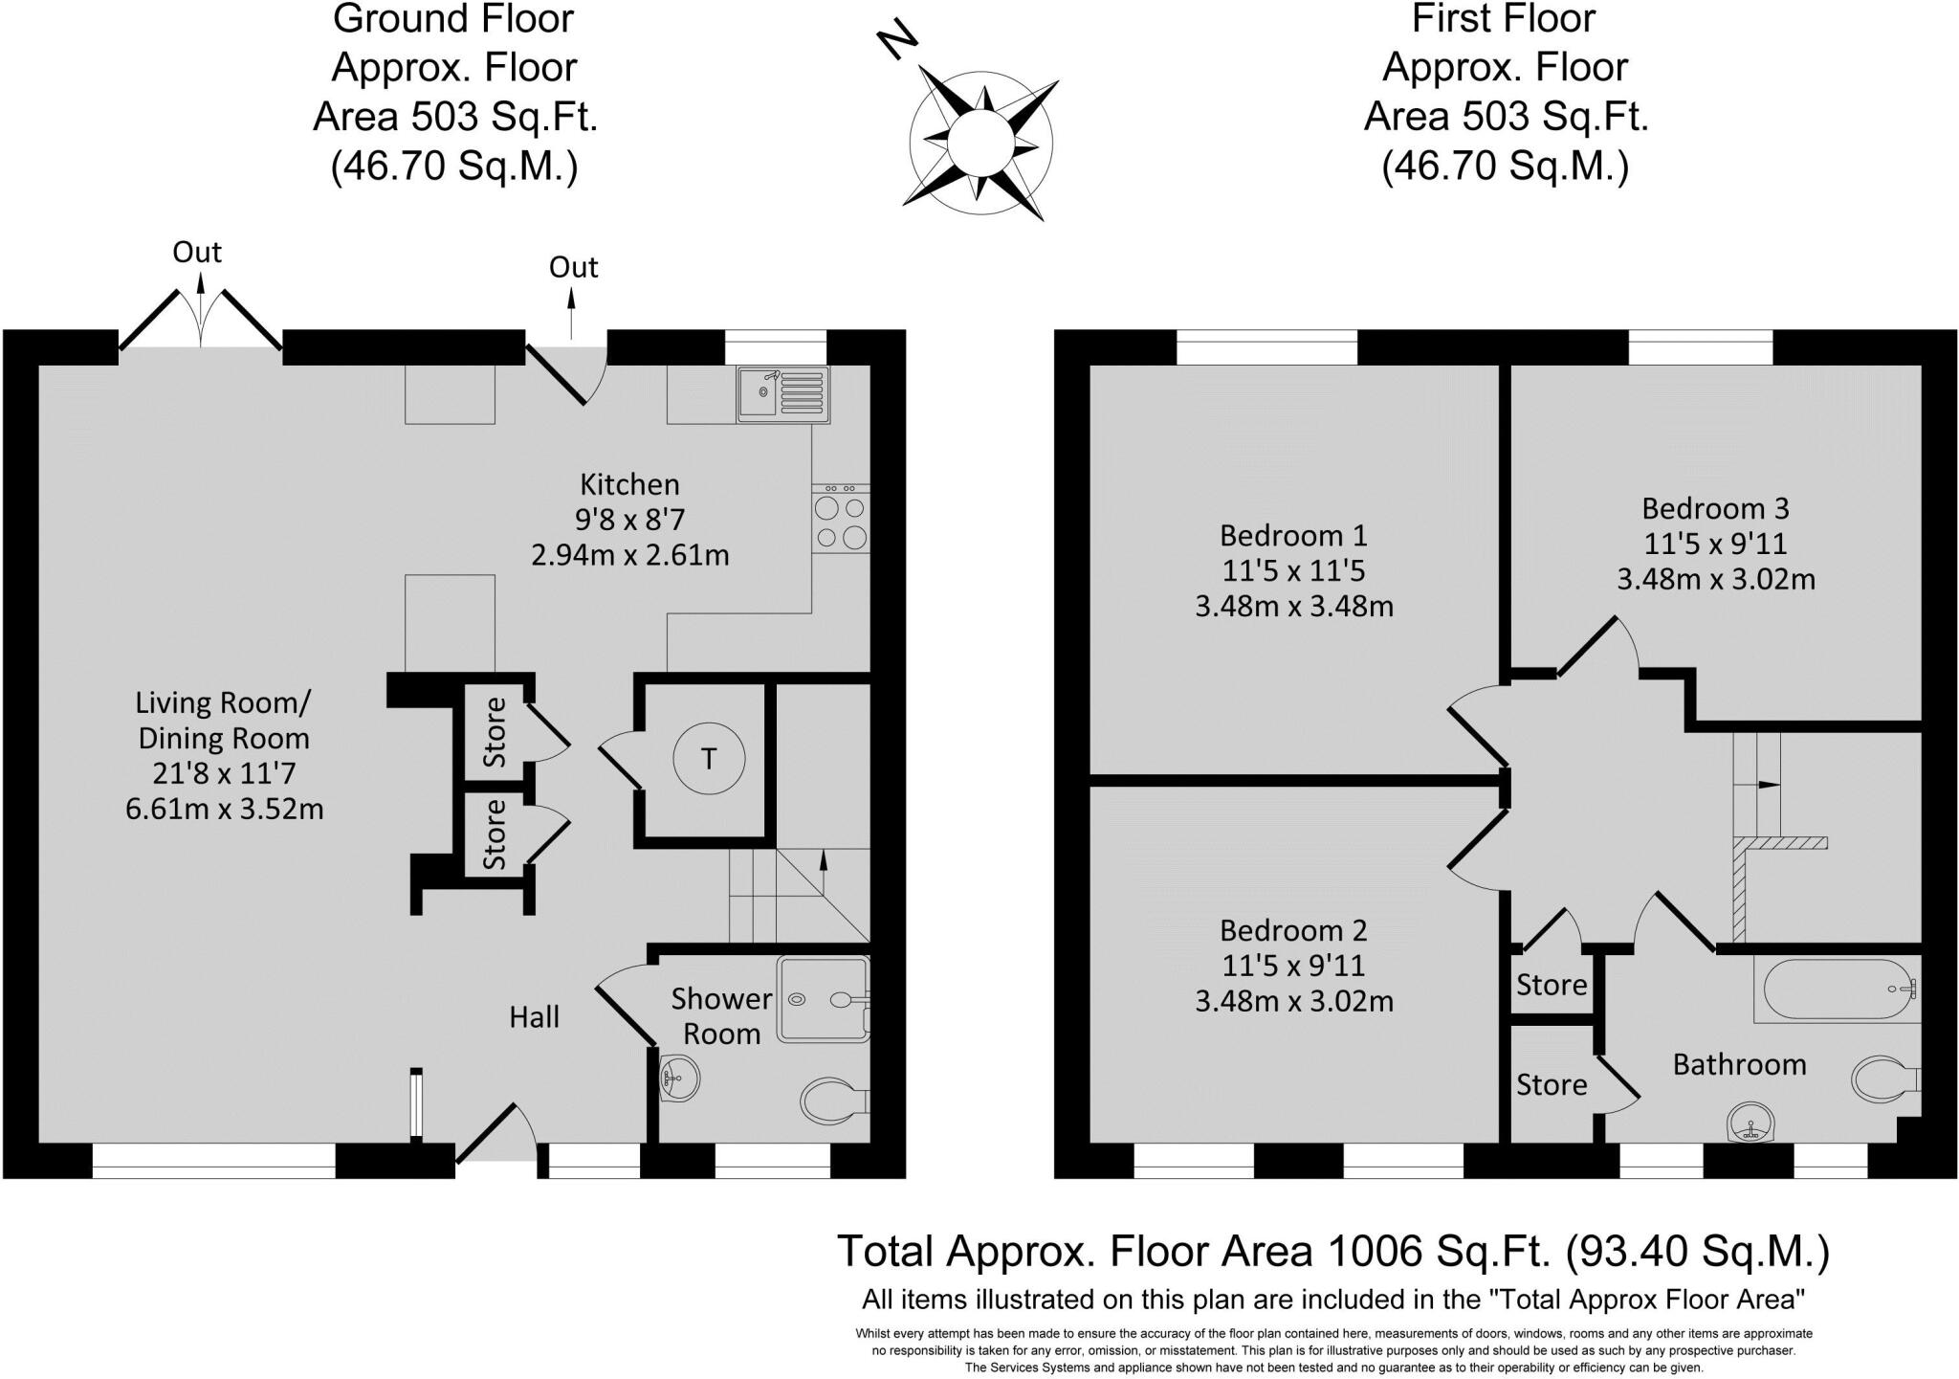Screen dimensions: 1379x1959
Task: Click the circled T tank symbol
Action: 708,759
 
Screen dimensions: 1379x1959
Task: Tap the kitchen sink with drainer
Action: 782,393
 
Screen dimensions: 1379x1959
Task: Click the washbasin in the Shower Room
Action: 679,1079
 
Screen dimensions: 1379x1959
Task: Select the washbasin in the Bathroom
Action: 1750,1122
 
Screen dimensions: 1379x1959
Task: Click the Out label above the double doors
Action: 197,252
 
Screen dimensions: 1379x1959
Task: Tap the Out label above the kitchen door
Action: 573,267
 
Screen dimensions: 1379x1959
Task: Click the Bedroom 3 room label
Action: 1715,508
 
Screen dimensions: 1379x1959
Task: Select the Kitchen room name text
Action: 630,484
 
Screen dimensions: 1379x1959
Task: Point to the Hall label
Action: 534,1017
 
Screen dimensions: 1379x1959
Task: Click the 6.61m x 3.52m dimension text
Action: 224,810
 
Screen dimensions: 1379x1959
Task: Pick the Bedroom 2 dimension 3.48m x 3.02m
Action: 1293,1002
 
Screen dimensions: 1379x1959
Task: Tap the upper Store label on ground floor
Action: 495,732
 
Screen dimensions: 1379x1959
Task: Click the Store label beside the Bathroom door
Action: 1551,1084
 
